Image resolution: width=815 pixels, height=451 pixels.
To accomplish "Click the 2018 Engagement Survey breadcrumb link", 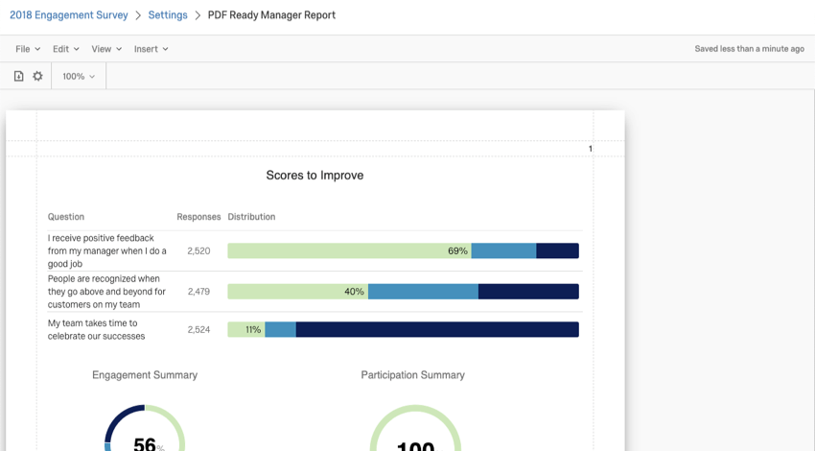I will (69, 15).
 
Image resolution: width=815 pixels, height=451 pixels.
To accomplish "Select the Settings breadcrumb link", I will (168, 15).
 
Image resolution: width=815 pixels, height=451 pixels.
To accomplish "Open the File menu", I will (28, 49).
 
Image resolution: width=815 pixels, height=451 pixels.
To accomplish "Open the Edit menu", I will (66, 49).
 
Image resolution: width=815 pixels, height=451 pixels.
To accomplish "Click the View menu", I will (106, 49).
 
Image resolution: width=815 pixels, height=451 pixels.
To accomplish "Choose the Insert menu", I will (151, 49).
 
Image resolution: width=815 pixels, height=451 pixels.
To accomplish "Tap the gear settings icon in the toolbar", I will (38, 76).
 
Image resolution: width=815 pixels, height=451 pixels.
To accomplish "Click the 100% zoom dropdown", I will (79, 76).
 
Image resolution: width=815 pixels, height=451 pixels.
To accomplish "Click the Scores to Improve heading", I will (314, 176).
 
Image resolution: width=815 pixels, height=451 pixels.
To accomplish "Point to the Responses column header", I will (198, 217).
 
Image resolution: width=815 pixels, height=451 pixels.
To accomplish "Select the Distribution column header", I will (251, 217).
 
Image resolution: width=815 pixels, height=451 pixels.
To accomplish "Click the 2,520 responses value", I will (198, 250).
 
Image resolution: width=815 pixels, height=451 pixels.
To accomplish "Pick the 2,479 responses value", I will (198, 292).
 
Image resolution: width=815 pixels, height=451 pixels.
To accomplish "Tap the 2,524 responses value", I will (198, 330).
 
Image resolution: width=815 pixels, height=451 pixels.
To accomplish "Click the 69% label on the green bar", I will (457, 250).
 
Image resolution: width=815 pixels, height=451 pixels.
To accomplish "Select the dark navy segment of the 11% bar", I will (437, 330).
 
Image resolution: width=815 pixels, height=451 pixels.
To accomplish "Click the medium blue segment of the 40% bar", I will (423, 292).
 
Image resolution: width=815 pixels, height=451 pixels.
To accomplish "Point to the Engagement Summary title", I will (145, 375).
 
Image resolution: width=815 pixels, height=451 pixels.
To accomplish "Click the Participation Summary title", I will (412, 375).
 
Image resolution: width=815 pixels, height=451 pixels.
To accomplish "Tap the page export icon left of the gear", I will (18, 76).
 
